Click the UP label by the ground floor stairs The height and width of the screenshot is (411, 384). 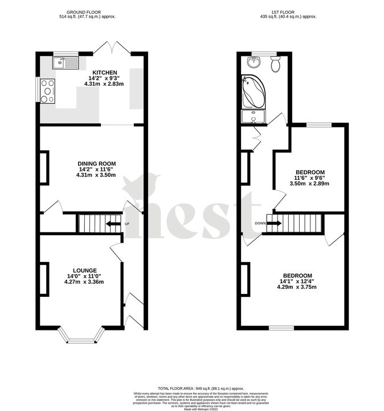click(x=126, y=223)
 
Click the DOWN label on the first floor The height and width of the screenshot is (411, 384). click(x=260, y=223)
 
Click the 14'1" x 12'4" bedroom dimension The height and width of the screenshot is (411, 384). click(x=296, y=281)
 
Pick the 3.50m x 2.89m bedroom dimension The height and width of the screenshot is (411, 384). click(x=310, y=184)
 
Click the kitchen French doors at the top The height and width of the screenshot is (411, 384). click(x=112, y=48)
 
